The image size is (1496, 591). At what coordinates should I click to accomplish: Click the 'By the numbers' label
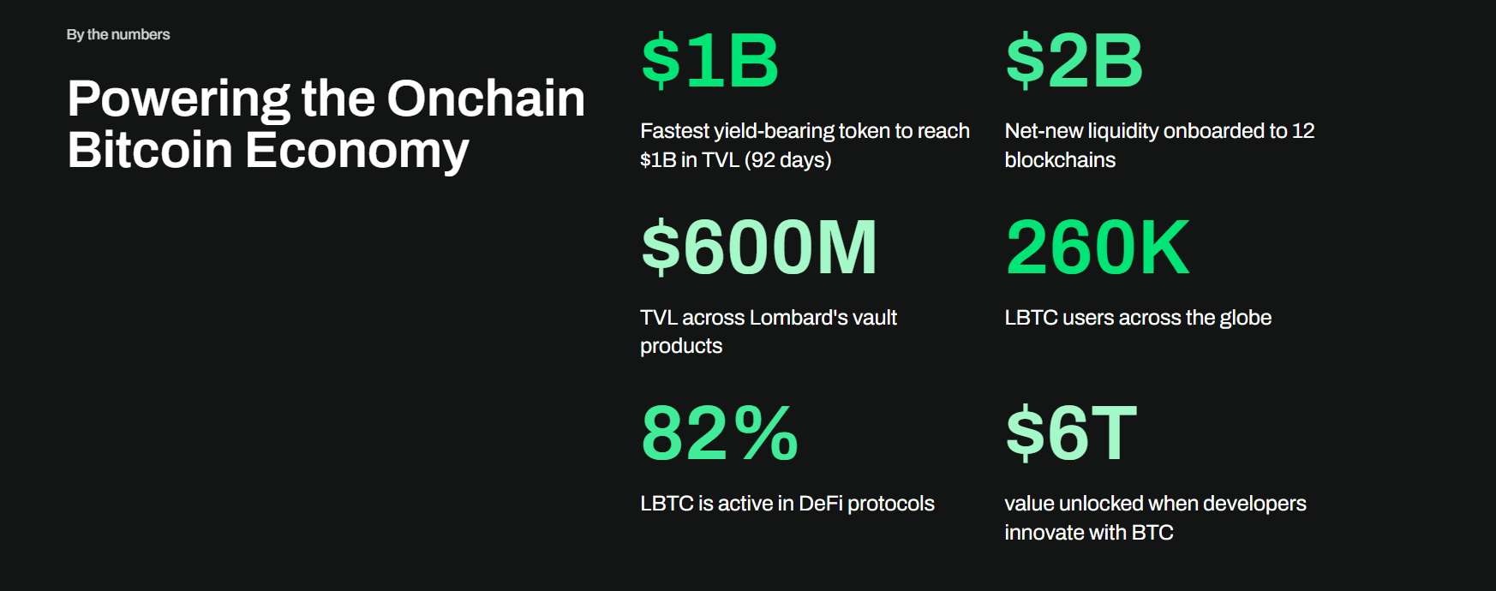pyautogui.click(x=118, y=34)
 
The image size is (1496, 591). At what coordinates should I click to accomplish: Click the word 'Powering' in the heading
pyautogui.click(x=178, y=100)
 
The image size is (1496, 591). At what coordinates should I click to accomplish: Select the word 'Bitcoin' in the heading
pyautogui.click(x=150, y=149)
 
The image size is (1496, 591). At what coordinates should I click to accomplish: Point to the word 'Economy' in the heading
pyautogui.click(x=357, y=152)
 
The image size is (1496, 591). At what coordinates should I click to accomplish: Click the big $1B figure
pyautogui.click(x=710, y=61)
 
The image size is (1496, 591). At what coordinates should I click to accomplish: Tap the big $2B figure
pyautogui.click(x=1074, y=61)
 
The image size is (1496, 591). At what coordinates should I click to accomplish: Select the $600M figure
pyautogui.click(x=759, y=247)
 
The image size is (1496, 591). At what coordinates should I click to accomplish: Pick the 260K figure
pyautogui.click(x=1098, y=247)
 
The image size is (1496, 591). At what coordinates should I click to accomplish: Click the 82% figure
pyautogui.click(x=720, y=433)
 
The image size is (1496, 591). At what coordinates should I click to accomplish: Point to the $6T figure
pyautogui.click(x=1071, y=433)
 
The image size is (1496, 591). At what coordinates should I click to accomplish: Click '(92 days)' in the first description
pyautogui.click(x=788, y=160)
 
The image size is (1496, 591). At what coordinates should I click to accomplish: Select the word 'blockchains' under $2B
pyautogui.click(x=1060, y=160)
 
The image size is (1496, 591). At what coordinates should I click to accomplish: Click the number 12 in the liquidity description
pyautogui.click(x=1303, y=131)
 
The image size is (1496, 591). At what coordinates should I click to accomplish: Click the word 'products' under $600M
pyautogui.click(x=681, y=347)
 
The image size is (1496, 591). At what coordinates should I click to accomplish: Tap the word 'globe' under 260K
pyautogui.click(x=1245, y=318)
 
